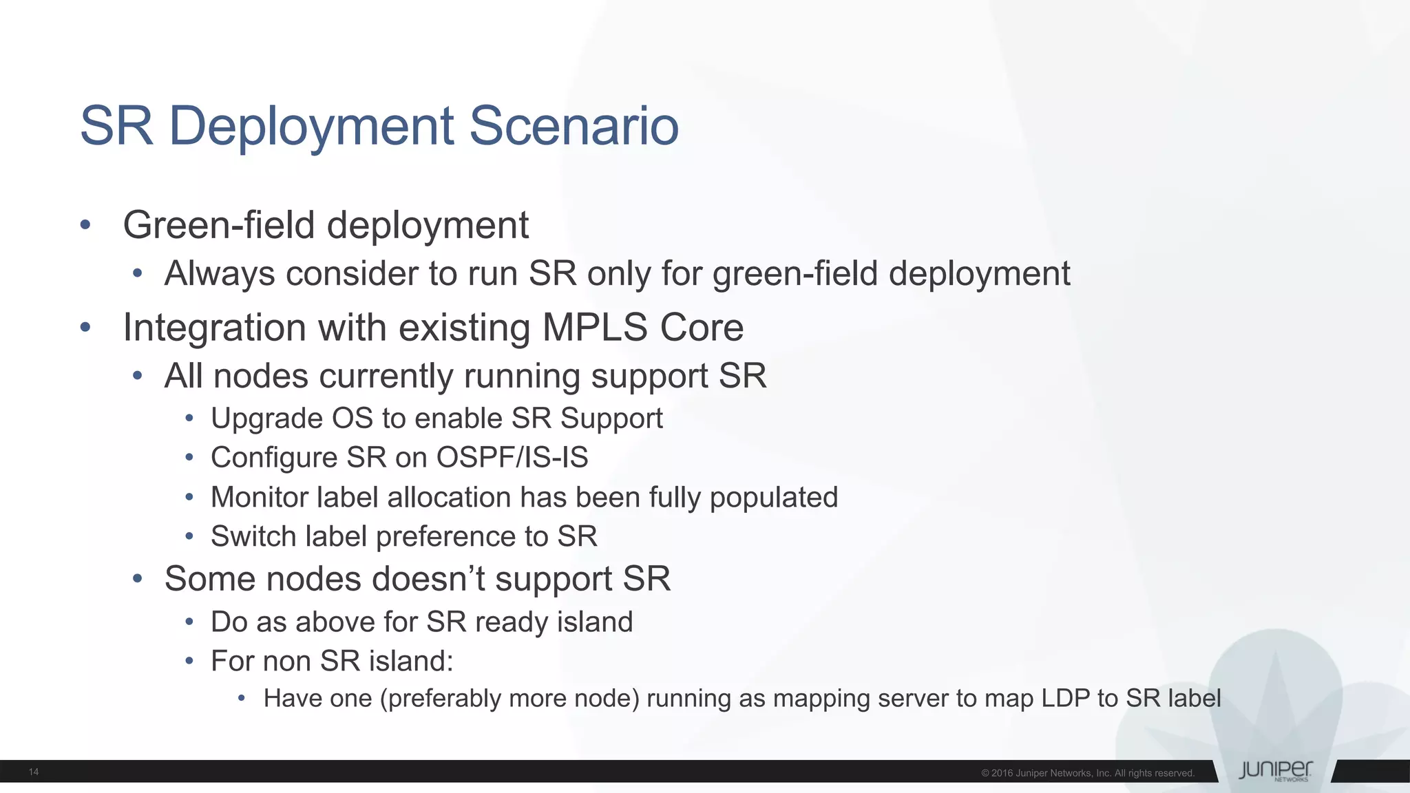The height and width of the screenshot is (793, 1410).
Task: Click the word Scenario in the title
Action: click(x=574, y=126)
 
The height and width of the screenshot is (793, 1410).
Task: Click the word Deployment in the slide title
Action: click(x=311, y=127)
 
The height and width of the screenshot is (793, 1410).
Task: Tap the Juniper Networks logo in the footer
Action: click(x=1275, y=771)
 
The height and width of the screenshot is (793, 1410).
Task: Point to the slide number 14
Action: click(x=34, y=772)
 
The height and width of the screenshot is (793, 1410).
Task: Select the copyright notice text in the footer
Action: click(x=1087, y=773)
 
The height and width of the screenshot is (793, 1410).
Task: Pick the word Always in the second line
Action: click(x=220, y=274)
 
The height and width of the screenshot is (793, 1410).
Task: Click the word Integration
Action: click(x=214, y=328)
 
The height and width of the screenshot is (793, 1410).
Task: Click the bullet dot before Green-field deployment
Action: click(x=85, y=225)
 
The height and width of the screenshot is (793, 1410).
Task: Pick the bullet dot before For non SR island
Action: click(x=189, y=662)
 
